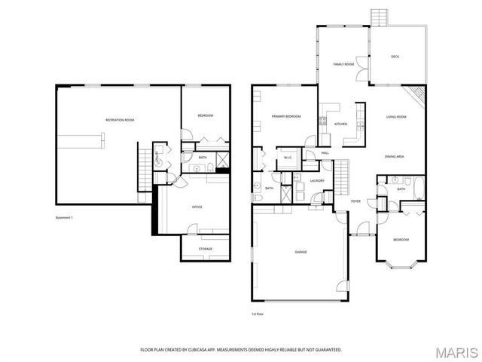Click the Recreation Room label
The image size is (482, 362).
(119, 121)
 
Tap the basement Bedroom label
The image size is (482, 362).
(206, 115)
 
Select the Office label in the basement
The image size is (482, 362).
(197, 207)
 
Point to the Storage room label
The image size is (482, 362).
(206, 249)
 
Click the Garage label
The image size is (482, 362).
(300, 253)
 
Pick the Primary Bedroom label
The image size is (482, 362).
(287, 116)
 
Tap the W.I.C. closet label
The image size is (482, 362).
(288, 158)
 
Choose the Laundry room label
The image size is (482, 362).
(317, 180)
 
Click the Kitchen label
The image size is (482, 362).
(340, 124)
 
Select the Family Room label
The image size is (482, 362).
(343, 64)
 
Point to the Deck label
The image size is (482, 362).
(395, 57)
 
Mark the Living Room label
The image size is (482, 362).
(396, 117)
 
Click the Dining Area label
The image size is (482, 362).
(395, 156)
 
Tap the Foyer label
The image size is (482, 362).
(355, 201)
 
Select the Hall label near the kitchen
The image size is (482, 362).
(325, 153)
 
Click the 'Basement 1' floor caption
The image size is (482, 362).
(65, 218)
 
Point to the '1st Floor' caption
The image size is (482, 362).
(258, 314)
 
